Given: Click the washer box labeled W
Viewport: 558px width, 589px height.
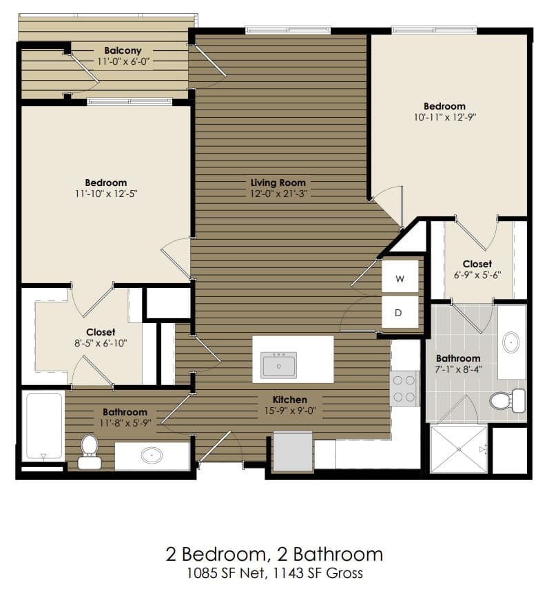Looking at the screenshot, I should pyautogui.click(x=400, y=278).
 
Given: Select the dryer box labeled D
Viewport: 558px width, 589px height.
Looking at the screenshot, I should pyautogui.click(x=400, y=312).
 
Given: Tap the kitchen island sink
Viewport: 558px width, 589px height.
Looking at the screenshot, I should pyautogui.click(x=279, y=364).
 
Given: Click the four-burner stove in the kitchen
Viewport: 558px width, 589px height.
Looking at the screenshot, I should pyautogui.click(x=404, y=389).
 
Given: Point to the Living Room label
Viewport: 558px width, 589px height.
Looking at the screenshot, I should pyautogui.click(x=278, y=183).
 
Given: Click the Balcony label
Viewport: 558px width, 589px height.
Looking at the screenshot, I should pyautogui.click(x=123, y=50).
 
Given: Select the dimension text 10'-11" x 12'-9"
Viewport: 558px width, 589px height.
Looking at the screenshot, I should pyautogui.click(x=444, y=117).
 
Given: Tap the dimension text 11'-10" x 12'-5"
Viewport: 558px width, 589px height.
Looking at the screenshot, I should pyautogui.click(x=105, y=194).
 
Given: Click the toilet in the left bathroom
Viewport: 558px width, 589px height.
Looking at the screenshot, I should pyautogui.click(x=89, y=448).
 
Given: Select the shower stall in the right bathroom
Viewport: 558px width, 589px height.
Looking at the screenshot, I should pyautogui.click(x=458, y=448).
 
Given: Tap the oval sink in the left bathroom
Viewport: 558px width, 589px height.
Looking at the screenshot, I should pyautogui.click(x=152, y=455).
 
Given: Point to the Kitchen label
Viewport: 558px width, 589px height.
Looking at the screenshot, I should pyautogui.click(x=289, y=400).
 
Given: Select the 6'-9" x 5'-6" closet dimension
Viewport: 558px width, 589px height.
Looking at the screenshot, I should pyautogui.click(x=477, y=275).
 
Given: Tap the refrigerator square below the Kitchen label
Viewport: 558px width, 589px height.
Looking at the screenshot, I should pyautogui.click(x=293, y=451).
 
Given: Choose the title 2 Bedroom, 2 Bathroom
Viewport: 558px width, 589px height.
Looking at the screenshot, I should pyautogui.click(x=273, y=554).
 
